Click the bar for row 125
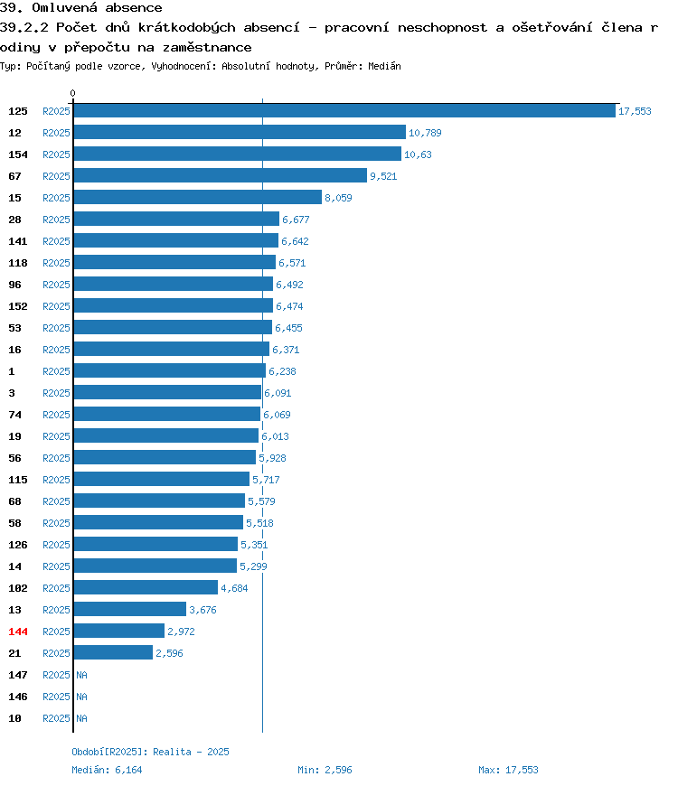pyautogui.click(x=344, y=111)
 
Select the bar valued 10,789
pyautogui.click(x=240, y=132)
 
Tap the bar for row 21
pyautogui.click(x=113, y=652)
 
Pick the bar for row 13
pyautogui.click(x=130, y=610)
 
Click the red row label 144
pyautogui.click(x=18, y=632)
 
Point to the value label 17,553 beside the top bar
pyautogui.click(x=635, y=111)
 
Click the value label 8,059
pyautogui.click(x=338, y=198)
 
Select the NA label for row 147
pyautogui.click(x=81, y=675)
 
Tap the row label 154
pyautogui.click(x=18, y=154)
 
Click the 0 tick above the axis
pyautogui.click(x=72, y=93)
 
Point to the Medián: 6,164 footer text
pyautogui.click(x=107, y=770)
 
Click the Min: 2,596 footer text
pyautogui.click(x=325, y=770)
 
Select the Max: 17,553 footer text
pyautogui.click(x=508, y=770)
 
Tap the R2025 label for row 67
pyautogui.click(x=56, y=176)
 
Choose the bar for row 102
pyautogui.click(x=146, y=587)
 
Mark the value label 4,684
pyautogui.click(x=234, y=588)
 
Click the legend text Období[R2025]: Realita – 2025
pyautogui.click(x=150, y=752)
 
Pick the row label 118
pyautogui.click(x=18, y=263)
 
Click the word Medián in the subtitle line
pyautogui.click(x=384, y=66)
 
